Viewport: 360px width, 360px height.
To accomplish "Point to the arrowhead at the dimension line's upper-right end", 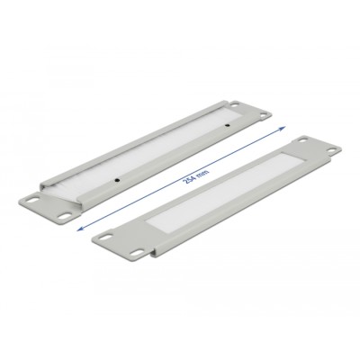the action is pyautogui.click(x=282, y=129).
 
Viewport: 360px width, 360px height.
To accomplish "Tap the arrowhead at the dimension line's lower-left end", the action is pyautogui.click(x=80, y=229).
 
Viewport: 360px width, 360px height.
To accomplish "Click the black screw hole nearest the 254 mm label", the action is pyautogui.click(x=117, y=180).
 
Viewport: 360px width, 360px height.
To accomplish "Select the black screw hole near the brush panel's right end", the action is pyautogui.click(x=228, y=125).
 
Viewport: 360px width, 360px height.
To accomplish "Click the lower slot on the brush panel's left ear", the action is pyautogui.click(x=66, y=215).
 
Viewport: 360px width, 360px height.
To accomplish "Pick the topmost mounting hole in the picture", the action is pyautogui.click(x=234, y=104).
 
